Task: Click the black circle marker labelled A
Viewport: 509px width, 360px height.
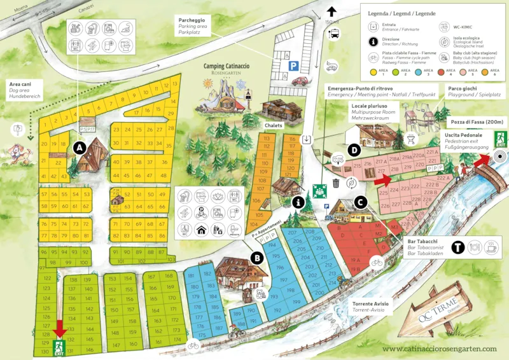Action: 80,148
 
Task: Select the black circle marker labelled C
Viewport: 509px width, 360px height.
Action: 361,203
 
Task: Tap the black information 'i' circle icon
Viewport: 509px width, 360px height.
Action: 296,202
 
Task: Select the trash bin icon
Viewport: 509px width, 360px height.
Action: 335,184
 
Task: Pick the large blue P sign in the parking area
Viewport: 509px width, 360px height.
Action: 294,65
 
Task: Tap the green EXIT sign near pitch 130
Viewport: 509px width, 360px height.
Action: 59,347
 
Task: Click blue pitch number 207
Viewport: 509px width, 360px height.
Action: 293,233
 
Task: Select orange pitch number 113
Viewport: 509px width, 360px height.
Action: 267,138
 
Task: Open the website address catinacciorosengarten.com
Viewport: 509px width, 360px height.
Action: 439,348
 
